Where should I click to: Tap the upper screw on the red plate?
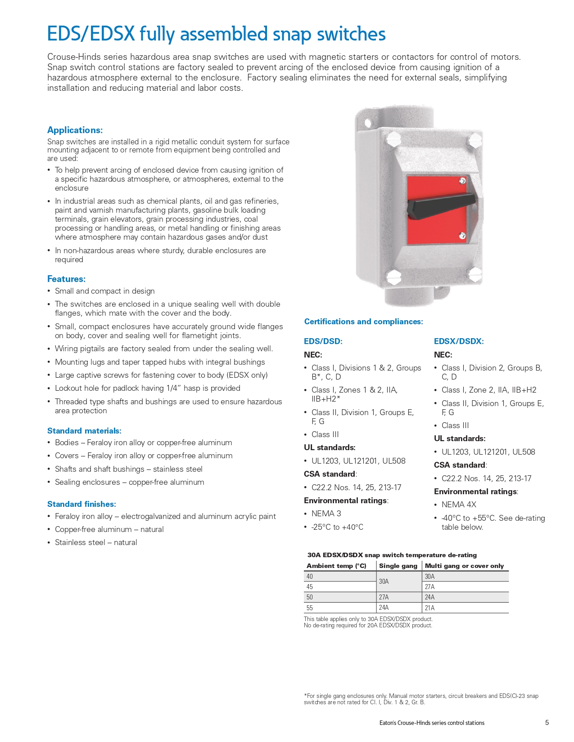pyautogui.click(x=462, y=181)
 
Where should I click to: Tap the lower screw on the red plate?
pyautogui.click(x=462, y=236)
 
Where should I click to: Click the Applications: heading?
pyautogui.click(x=75, y=130)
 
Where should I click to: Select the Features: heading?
pyautogui.click(x=66, y=279)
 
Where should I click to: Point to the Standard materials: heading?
pyautogui.click(x=84, y=431)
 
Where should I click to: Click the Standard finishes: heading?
pyautogui.click(x=81, y=504)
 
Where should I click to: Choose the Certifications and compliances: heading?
pyautogui.click(x=363, y=322)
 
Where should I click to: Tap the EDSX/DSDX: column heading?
pyautogui.click(x=459, y=341)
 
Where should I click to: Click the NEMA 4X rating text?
pyautogui.click(x=459, y=505)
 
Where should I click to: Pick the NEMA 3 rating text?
pyautogui.click(x=326, y=514)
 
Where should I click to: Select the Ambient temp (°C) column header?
pyautogui.click(x=336, y=566)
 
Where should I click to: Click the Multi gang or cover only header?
pyautogui.click(x=464, y=566)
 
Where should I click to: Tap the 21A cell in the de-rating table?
pyautogui.click(x=429, y=608)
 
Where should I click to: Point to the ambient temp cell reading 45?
pyautogui.click(x=310, y=587)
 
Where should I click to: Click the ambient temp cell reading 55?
pyautogui.click(x=310, y=608)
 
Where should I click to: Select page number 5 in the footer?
pyautogui.click(x=547, y=723)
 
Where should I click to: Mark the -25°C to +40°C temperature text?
pyautogui.click(x=337, y=527)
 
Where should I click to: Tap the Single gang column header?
pyautogui.click(x=398, y=566)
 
